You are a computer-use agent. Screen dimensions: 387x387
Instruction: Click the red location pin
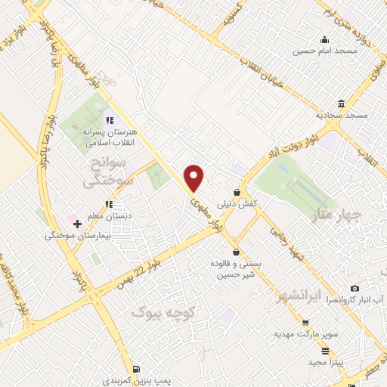(194, 178)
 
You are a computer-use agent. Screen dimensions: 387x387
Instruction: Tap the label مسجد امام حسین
(324, 53)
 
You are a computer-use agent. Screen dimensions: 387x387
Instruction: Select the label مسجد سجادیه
(341, 115)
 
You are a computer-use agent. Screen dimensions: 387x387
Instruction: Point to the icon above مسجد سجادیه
(342, 103)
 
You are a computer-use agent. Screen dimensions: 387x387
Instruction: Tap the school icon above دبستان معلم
(110, 203)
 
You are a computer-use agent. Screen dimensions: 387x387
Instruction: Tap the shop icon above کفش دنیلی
(237, 193)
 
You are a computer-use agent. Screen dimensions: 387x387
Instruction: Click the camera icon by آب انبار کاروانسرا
(354, 289)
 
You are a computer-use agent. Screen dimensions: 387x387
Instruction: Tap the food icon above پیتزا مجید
(326, 351)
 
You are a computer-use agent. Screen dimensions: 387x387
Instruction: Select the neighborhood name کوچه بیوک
(163, 311)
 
